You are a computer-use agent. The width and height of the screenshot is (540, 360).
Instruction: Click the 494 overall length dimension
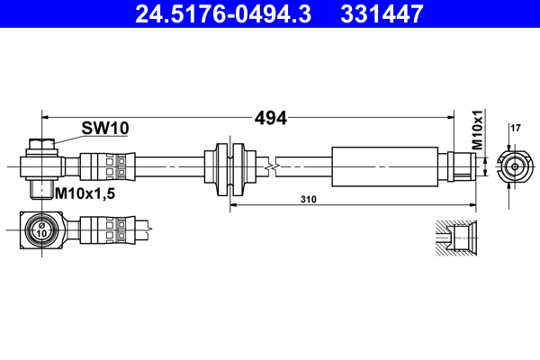tap(271, 118)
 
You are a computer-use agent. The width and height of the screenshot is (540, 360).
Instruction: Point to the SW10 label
tap(105, 129)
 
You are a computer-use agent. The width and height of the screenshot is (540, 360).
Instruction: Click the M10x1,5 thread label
tap(87, 193)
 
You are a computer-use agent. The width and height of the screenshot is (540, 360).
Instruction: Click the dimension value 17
tap(516, 128)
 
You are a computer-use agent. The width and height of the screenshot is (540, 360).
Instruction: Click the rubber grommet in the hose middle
tap(230, 166)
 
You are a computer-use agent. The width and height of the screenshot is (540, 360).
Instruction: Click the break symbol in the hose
tap(271, 166)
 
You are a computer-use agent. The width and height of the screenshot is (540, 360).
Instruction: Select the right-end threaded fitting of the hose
tap(460, 166)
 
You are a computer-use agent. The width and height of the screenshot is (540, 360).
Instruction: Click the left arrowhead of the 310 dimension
tap(234, 205)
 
